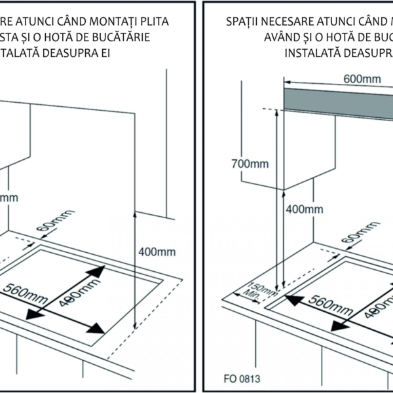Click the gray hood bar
tap(338, 99)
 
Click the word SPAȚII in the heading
tap(243, 22)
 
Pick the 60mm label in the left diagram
tap(56, 223)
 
